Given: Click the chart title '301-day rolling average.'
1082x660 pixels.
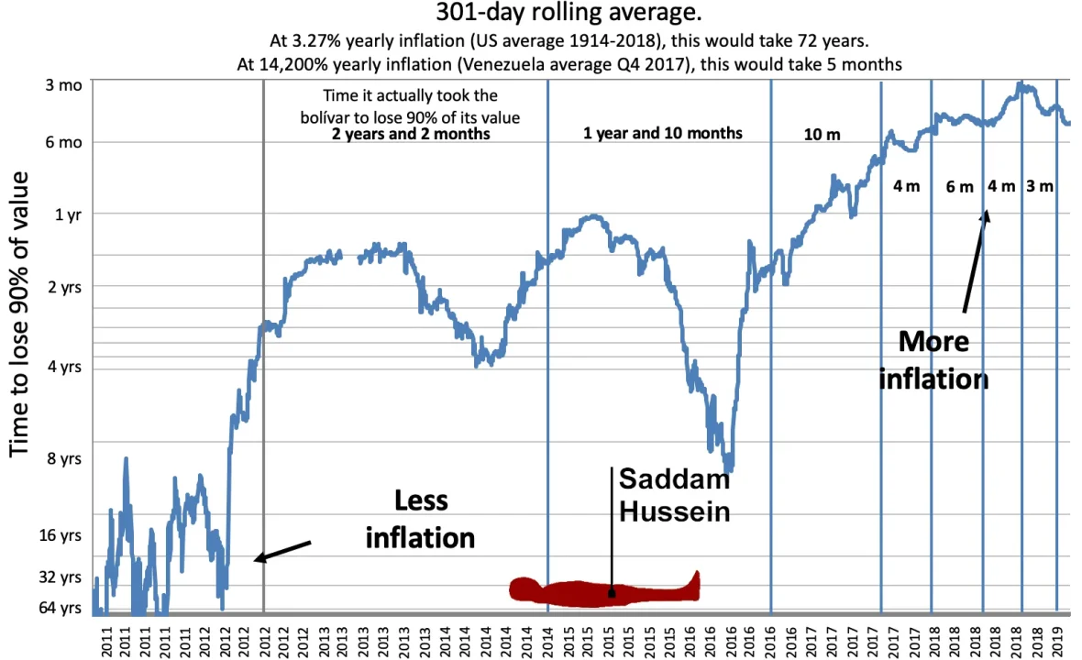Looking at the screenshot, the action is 569,13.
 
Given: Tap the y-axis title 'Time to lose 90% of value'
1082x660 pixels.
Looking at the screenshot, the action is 19,313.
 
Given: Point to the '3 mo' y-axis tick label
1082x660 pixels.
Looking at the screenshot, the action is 63,85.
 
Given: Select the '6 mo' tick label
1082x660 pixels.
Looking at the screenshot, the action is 63,143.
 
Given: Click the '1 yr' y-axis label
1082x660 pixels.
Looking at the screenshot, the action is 69,215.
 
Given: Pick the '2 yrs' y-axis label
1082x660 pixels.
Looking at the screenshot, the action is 65,287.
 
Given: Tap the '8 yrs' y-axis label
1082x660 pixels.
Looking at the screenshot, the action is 64,458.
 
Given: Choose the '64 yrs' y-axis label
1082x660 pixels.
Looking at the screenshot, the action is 60,608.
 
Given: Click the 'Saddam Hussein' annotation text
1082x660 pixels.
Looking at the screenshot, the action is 674,495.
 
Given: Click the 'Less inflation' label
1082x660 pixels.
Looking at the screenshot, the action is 420,520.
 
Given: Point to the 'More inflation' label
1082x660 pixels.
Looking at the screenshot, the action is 933,360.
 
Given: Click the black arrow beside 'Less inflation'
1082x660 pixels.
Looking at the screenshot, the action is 282,551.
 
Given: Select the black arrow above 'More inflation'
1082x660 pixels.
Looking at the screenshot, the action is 977,261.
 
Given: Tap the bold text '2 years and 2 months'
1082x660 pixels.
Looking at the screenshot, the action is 411,134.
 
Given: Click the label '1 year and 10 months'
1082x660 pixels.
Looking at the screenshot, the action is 662,133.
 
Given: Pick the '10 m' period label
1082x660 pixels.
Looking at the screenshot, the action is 822,135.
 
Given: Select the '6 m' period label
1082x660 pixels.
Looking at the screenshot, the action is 959,187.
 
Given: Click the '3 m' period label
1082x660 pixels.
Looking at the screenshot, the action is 1039,186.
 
